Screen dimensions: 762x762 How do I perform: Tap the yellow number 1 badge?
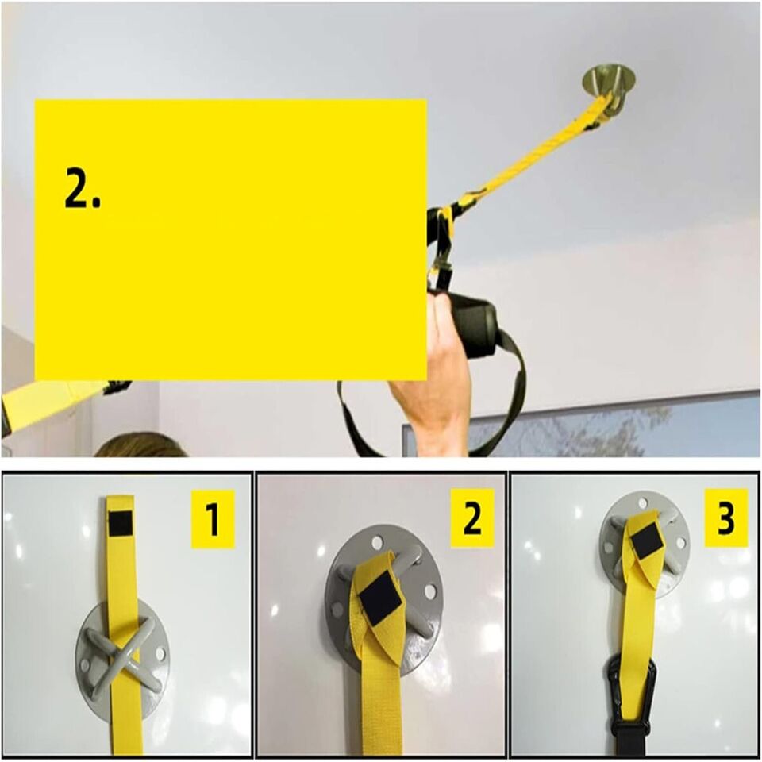coord(213,518)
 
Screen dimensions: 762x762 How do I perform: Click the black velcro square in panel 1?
coord(121,521)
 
